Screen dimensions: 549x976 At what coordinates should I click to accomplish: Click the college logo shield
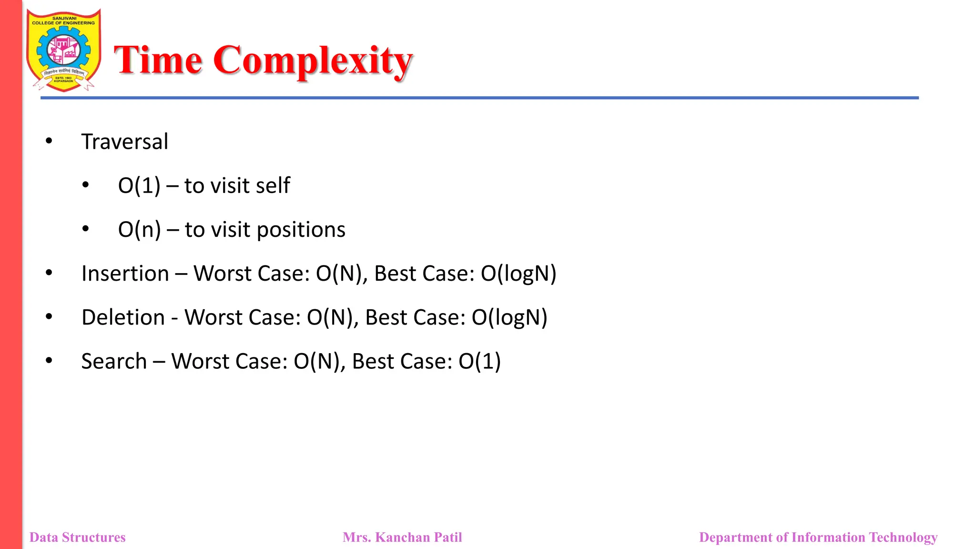[x=63, y=50]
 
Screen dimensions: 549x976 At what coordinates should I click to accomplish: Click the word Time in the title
[x=158, y=60]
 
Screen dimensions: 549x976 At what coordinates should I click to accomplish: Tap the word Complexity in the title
[x=313, y=61]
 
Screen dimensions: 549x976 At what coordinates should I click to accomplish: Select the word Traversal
[x=124, y=142]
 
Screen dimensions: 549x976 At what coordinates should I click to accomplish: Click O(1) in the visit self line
[x=139, y=185]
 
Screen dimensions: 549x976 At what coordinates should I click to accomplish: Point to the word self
[x=273, y=185]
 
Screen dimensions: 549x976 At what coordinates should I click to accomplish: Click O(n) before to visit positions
[x=139, y=230]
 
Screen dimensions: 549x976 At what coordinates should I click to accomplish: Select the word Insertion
[x=125, y=274]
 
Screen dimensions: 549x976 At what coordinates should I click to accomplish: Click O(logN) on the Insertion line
[x=518, y=274]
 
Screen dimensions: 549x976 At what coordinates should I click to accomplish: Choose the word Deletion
[x=123, y=317]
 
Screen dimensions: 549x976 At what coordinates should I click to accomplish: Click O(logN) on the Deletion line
[x=509, y=317]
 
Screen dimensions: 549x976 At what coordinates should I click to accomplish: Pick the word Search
[x=114, y=361]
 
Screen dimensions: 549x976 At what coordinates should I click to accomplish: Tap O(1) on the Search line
[x=479, y=361]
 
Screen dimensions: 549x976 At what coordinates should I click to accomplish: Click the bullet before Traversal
[x=49, y=141]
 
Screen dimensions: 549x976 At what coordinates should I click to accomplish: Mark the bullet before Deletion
[x=49, y=316]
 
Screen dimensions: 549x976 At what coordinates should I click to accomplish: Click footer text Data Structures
[x=78, y=537]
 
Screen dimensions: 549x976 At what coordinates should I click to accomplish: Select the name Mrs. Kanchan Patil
[x=402, y=537]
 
